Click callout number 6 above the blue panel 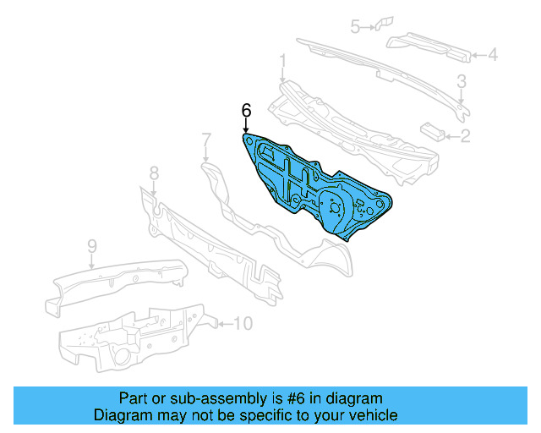point(247,110)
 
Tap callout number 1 point(283,60)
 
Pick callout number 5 point(356,26)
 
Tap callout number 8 point(153,173)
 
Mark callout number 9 point(92,246)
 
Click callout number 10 point(243,322)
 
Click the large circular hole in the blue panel point(332,205)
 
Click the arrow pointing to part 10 point(225,322)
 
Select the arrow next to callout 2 point(451,134)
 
